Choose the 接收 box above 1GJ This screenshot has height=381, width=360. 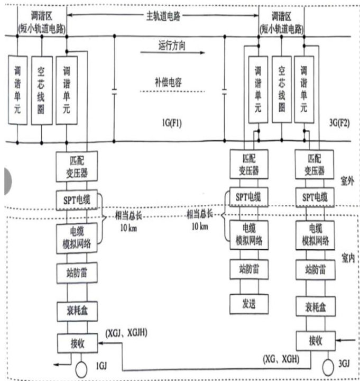77,343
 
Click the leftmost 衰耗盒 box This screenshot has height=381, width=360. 77,310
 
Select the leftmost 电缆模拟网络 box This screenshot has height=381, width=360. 77,236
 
